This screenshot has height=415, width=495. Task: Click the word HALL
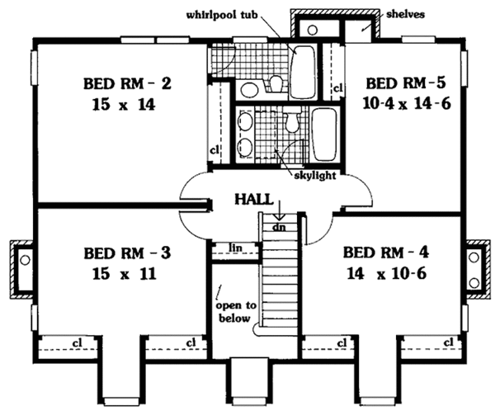tap(251, 200)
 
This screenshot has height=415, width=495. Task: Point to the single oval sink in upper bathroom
tap(248, 90)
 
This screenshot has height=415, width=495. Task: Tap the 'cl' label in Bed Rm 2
tap(213, 150)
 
